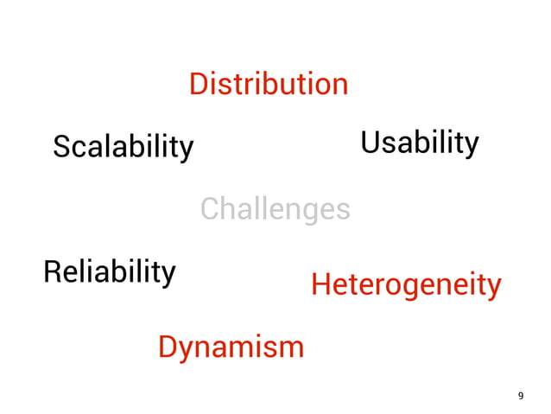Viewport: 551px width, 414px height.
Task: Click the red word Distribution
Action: pyautogui.click(x=269, y=85)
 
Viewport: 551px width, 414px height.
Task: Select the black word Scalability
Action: pyautogui.click(x=123, y=147)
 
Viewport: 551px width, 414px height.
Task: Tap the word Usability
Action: pyautogui.click(x=419, y=143)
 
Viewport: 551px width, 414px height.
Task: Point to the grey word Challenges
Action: pyautogui.click(x=275, y=209)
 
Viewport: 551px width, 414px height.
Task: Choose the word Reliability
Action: pyautogui.click(x=109, y=272)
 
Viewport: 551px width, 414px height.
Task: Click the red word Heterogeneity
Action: pyautogui.click(x=405, y=284)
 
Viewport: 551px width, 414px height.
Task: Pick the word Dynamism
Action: pyautogui.click(x=231, y=347)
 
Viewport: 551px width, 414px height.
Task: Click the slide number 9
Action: pyautogui.click(x=520, y=396)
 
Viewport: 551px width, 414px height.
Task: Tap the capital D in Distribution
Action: pyautogui.click(x=198, y=85)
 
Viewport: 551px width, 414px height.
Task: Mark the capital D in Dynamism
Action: pyautogui.click(x=168, y=347)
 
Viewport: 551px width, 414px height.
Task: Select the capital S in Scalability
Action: pyautogui.click(x=61, y=147)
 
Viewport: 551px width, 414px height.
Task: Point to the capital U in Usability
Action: pyautogui.click(x=370, y=143)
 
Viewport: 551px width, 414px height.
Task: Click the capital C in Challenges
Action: pyautogui.click(x=210, y=209)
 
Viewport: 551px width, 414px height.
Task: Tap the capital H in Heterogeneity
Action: pyautogui.click(x=320, y=283)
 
